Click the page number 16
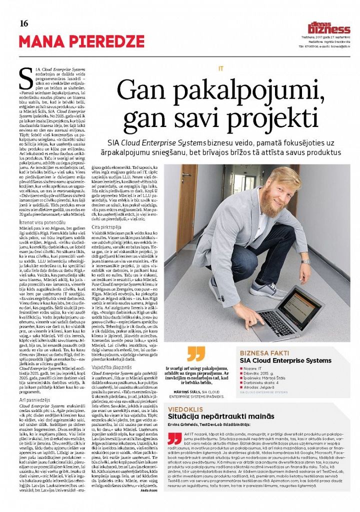coord(23,23)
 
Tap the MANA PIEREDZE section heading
coord(81,41)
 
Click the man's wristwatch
coord(305,261)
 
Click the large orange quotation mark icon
coord(196,354)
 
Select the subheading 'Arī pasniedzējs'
coord(35,400)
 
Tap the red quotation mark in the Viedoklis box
coord(174,438)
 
